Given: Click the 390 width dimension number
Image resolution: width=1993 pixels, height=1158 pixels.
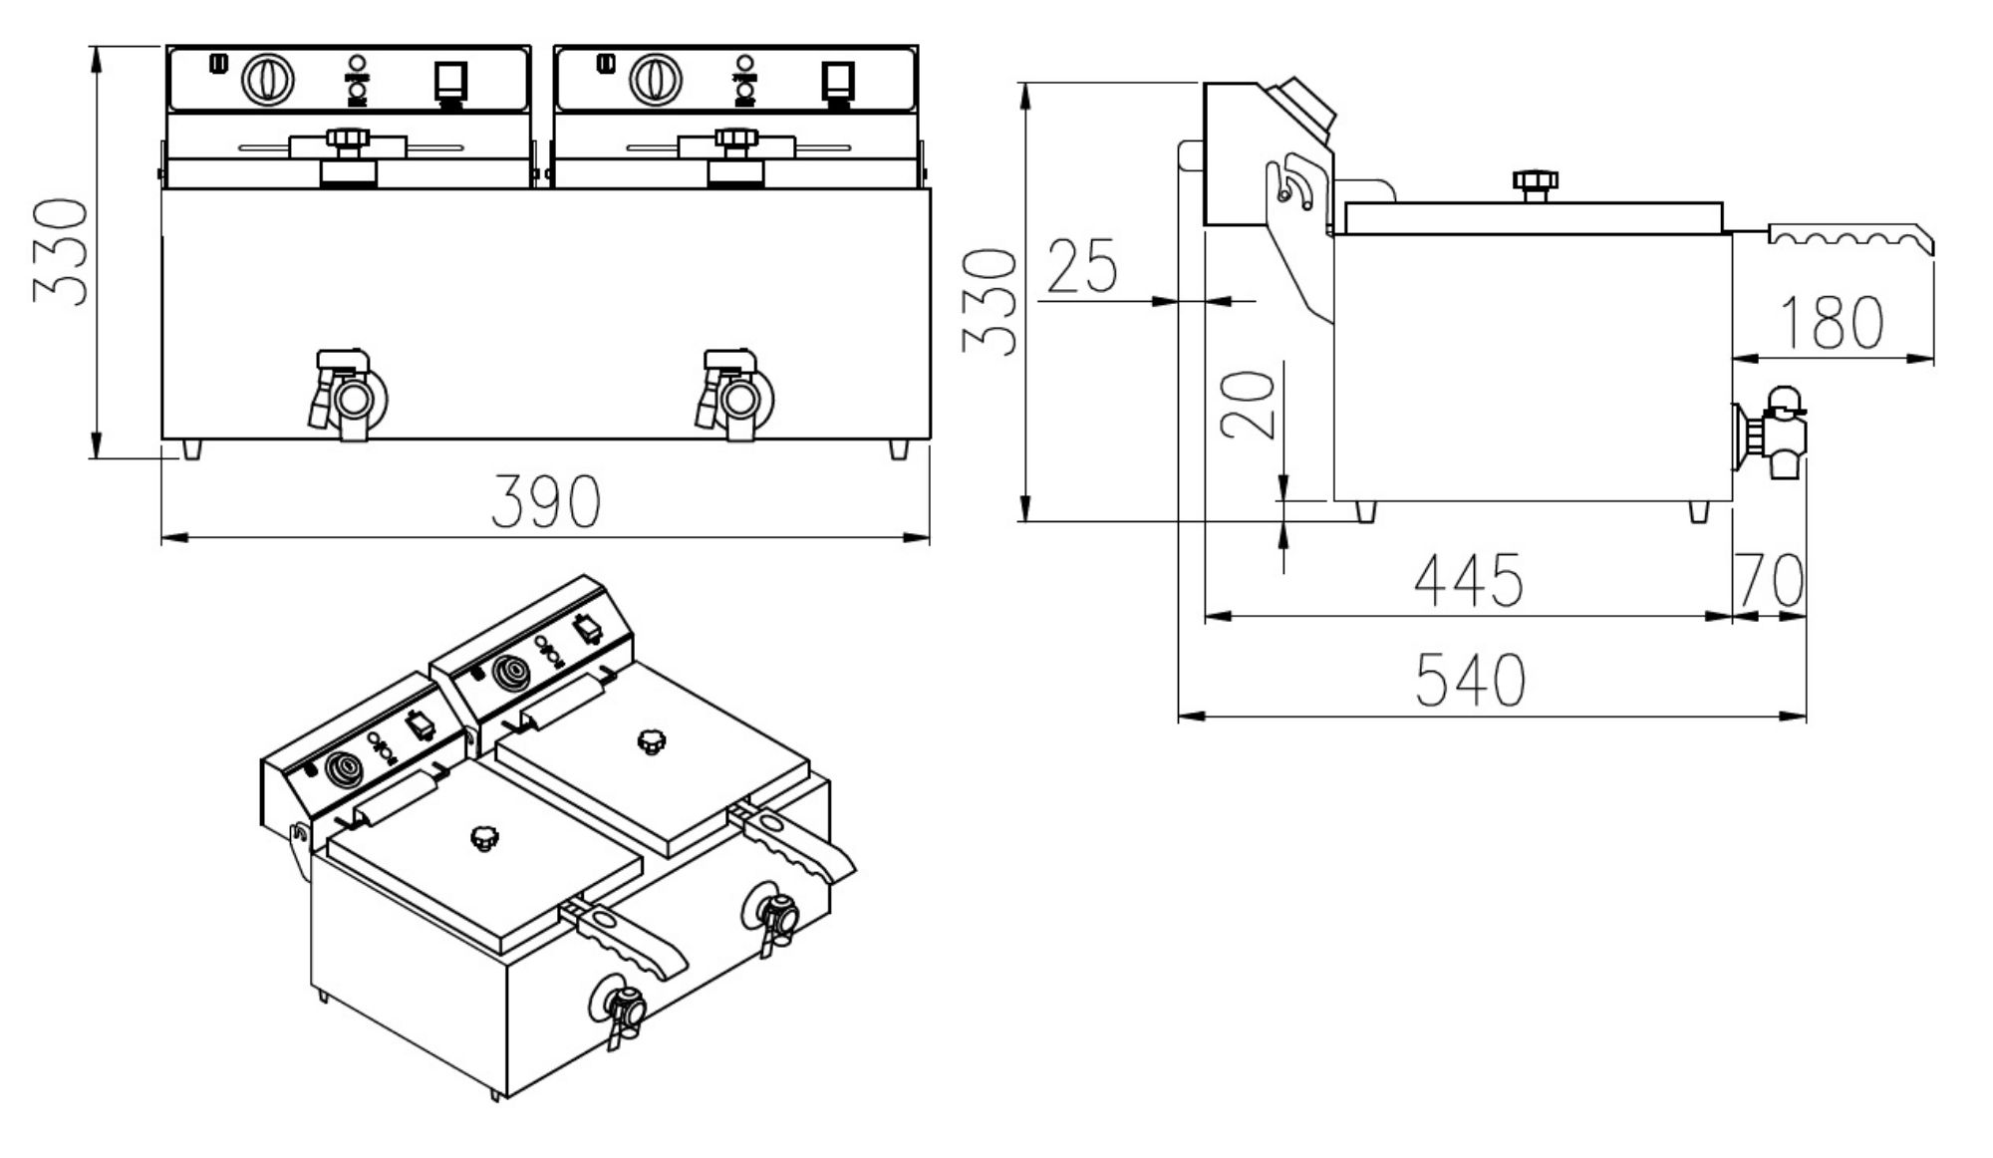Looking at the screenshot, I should [545, 501].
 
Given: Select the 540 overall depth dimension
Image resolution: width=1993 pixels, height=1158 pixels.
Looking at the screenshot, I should [1470, 681].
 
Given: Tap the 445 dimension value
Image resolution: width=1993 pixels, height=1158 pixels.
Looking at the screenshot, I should [1468, 580].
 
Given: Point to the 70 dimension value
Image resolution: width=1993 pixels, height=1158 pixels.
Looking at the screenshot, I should [1770, 580].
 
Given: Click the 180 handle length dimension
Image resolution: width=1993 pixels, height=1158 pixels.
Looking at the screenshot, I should [1832, 323].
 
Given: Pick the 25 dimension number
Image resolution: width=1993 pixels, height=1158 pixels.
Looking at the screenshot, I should [1082, 266].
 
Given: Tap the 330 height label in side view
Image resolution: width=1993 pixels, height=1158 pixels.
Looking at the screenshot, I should [989, 302].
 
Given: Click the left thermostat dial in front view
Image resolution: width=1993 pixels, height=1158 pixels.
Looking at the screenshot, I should [268, 79].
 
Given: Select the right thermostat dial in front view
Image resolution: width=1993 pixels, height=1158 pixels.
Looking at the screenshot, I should [655, 79].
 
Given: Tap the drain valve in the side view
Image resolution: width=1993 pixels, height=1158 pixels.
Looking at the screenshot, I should [1774, 434].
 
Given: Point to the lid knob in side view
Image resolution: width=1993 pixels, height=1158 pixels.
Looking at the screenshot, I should [1535, 183].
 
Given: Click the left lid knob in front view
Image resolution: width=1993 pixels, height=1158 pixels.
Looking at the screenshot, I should [347, 140].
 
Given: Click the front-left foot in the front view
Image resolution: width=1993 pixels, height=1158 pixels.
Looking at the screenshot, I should [191, 449].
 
